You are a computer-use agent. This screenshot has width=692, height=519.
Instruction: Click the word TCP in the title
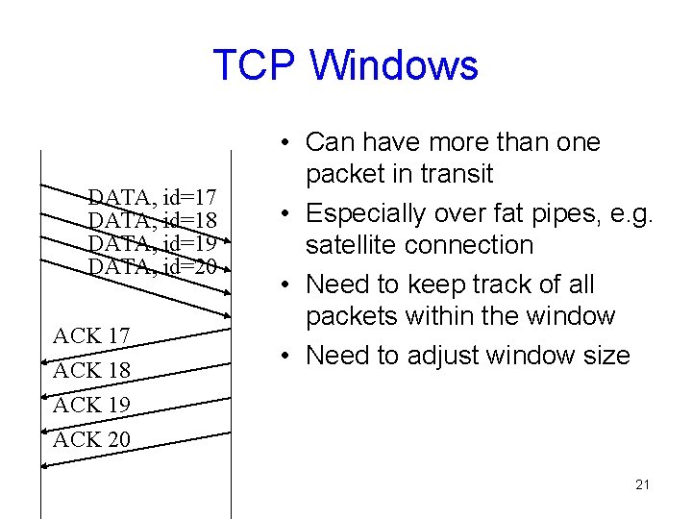click(x=255, y=65)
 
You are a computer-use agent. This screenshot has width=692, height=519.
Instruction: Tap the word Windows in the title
click(x=393, y=65)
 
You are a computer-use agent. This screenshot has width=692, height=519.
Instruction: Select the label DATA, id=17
click(x=151, y=198)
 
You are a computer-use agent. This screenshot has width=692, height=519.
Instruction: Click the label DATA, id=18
click(x=151, y=220)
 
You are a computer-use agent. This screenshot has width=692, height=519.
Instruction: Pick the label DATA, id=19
click(x=151, y=242)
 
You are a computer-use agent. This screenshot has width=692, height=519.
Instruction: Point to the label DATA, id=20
click(x=151, y=264)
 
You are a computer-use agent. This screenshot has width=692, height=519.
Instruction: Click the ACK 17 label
click(x=91, y=335)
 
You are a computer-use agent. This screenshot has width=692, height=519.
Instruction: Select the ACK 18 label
click(x=91, y=370)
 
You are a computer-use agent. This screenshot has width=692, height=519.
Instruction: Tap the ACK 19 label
click(x=91, y=405)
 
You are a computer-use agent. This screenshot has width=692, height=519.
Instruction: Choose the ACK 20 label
click(x=91, y=439)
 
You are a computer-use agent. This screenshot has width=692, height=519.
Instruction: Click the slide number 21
click(x=642, y=484)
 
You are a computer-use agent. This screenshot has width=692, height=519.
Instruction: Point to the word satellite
click(x=350, y=245)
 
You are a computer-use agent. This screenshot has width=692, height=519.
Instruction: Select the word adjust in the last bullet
click(x=444, y=356)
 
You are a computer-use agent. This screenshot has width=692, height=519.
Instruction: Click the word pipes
click(x=563, y=213)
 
